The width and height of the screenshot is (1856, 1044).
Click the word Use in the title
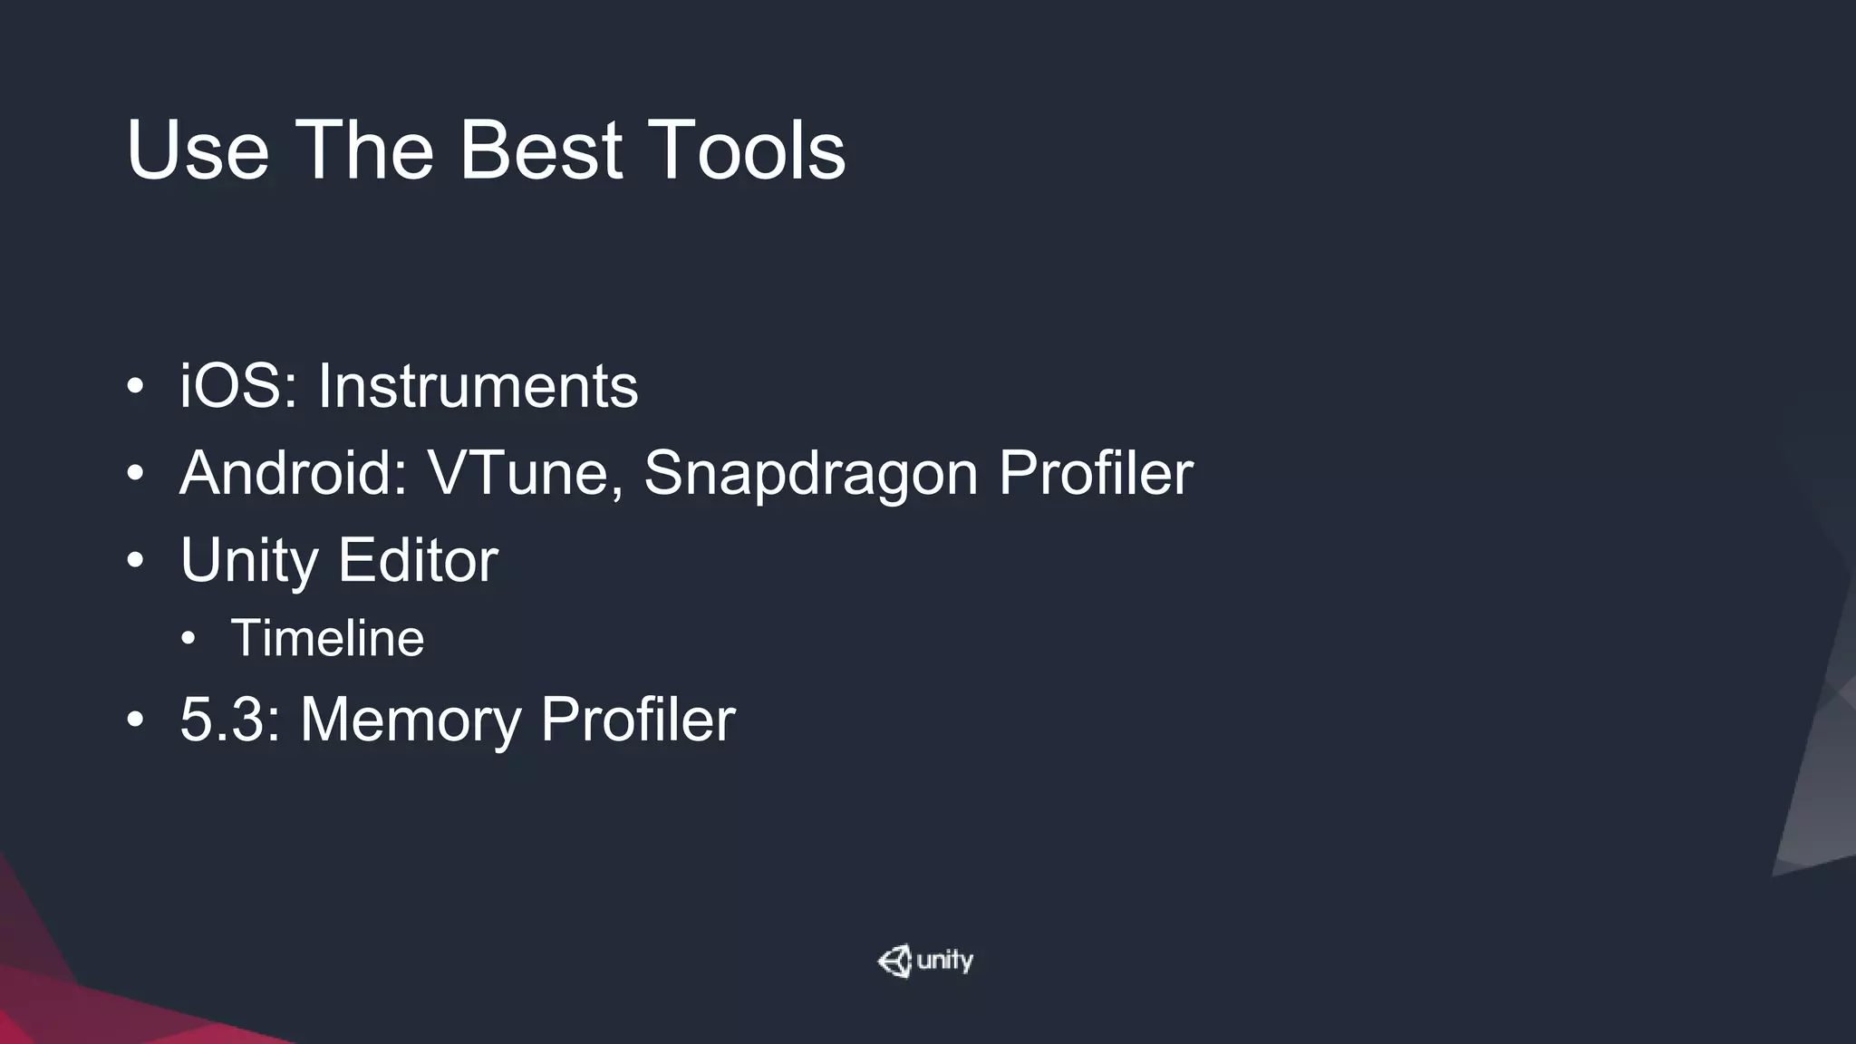click(x=198, y=150)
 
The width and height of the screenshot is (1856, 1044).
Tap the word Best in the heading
click(x=541, y=150)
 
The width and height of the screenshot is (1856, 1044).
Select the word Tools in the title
click(x=746, y=150)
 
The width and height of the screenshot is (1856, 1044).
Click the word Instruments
click(x=478, y=387)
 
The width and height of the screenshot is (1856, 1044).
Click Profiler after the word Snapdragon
click(x=1095, y=473)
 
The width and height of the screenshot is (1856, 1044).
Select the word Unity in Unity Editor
click(x=248, y=561)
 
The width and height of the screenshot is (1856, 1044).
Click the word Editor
click(x=418, y=559)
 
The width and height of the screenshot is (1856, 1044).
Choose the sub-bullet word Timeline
click(x=327, y=638)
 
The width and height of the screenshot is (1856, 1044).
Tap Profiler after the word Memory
click(x=637, y=720)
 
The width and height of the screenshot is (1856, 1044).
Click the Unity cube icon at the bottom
click(x=894, y=961)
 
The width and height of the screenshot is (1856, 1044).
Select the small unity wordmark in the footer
click(x=945, y=961)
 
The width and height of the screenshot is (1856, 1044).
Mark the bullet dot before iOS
click(x=135, y=388)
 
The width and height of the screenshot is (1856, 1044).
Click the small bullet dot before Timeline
click(x=188, y=639)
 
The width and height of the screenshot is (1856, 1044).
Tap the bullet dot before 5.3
click(x=135, y=720)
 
